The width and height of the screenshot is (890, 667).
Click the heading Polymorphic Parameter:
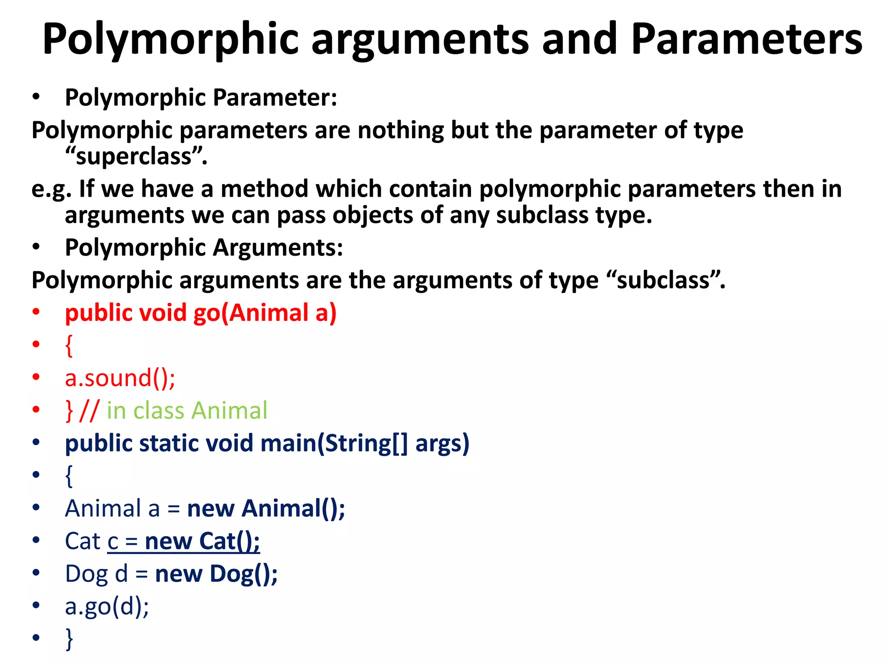click(x=201, y=97)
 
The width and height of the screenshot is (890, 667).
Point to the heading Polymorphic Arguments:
click(x=204, y=248)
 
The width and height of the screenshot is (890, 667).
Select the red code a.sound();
click(x=120, y=378)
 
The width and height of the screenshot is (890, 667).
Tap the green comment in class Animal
click(x=187, y=410)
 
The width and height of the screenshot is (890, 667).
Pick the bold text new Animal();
click(x=266, y=509)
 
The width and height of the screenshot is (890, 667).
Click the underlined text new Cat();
click(x=202, y=541)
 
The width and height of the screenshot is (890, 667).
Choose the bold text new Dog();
click(x=216, y=574)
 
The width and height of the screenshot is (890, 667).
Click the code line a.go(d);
click(x=107, y=606)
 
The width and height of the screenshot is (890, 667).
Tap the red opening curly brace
click(x=69, y=346)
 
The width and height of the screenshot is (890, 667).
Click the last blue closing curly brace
click(x=69, y=639)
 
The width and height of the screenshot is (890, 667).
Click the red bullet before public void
click(x=36, y=312)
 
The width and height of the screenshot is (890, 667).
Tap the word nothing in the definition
click(x=400, y=130)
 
